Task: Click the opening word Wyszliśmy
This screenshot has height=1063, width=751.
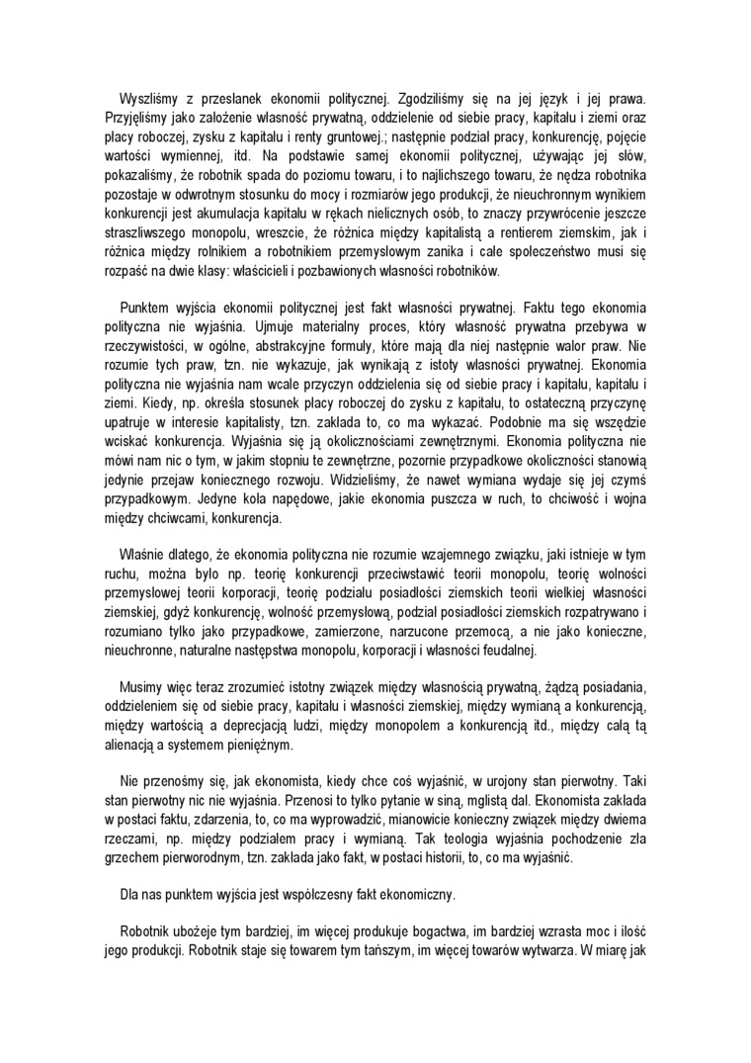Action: (x=148, y=99)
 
